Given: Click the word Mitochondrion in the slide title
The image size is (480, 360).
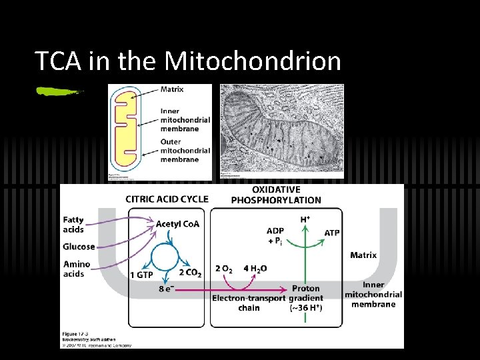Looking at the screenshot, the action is click(x=253, y=61).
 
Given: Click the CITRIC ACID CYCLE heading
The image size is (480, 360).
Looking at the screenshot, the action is click(x=167, y=199).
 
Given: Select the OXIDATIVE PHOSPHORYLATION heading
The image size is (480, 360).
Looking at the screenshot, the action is click(x=276, y=195).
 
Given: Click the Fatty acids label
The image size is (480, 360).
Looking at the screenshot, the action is click(x=74, y=225).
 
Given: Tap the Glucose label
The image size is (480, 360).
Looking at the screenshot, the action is click(x=79, y=247).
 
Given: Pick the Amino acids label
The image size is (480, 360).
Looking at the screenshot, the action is click(x=77, y=269).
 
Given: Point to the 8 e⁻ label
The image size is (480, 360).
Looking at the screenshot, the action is click(x=166, y=289).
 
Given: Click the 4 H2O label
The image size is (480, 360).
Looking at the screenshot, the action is click(x=255, y=269).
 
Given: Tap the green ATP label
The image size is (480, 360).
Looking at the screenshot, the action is click(x=332, y=233).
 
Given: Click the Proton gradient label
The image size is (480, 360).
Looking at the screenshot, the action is click(x=307, y=293).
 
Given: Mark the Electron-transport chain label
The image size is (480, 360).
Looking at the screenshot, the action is click(x=249, y=303).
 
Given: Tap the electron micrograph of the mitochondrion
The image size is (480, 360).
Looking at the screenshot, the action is click(x=282, y=131).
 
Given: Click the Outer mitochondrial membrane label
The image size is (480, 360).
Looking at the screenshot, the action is click(x=185, y=150).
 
